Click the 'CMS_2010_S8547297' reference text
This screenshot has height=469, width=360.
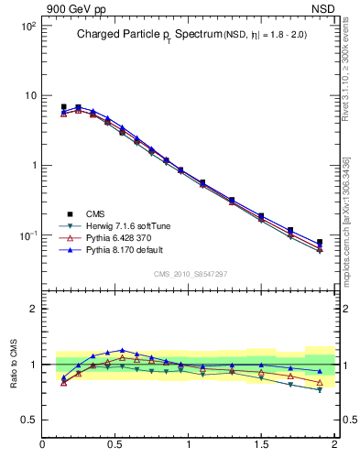[x=190, y=274]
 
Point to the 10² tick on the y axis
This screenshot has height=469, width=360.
[x=27, y=26]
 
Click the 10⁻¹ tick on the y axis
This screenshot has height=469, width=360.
[x=27, y=235]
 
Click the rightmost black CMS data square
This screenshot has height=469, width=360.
[x=320, y=243]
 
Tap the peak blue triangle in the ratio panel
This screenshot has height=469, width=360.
[x=122, y=350]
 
